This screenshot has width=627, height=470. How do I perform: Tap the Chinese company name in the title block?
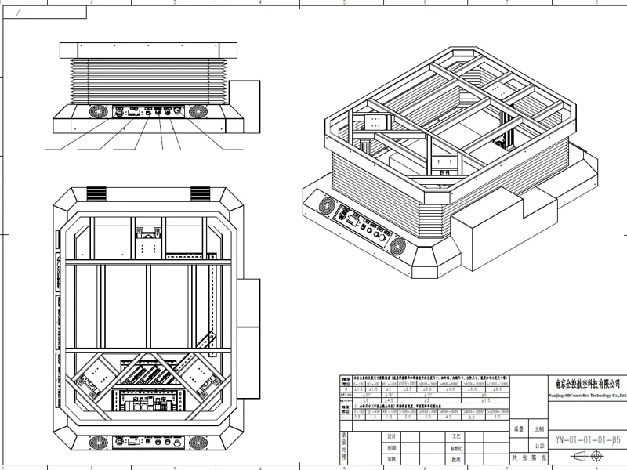587,384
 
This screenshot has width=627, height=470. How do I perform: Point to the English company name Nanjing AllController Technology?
587,396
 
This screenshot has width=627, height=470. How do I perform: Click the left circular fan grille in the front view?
97,112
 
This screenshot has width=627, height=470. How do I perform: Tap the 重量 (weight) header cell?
519,430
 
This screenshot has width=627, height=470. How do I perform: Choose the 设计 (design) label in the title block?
392,436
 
